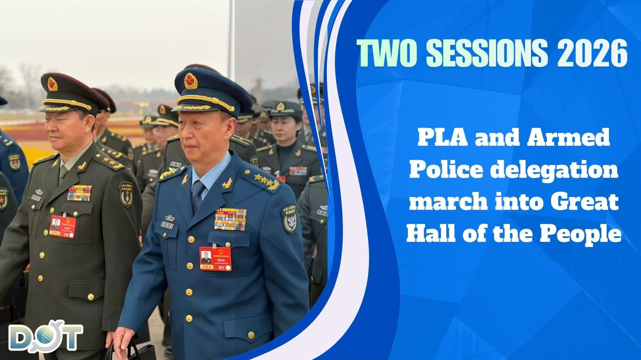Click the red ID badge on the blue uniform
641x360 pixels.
click(x=215, y=259)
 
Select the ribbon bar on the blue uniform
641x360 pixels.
click(x=230, y=219)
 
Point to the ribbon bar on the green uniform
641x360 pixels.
click(x=79, y=193)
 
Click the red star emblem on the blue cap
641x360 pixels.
click(x=191, y=81)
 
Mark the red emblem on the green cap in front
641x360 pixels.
click(x=52, y=84)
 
